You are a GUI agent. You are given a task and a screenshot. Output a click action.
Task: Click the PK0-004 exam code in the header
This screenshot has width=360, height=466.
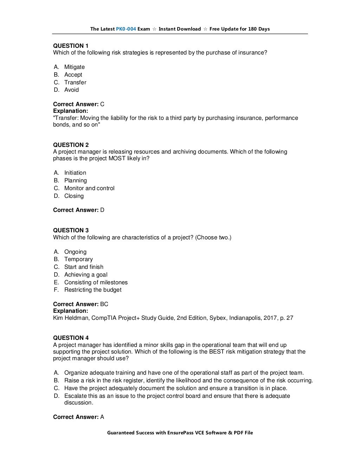coord(126,29)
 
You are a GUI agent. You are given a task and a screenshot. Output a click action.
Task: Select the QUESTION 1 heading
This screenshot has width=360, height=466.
coord(71,46)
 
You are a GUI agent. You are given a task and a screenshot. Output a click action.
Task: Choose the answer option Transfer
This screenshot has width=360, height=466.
coord(75,82)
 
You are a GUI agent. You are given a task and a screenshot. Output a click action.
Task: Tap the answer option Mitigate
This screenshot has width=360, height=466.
coord(74,67)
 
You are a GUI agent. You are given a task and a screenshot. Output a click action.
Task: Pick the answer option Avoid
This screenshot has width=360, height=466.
coord(71,90)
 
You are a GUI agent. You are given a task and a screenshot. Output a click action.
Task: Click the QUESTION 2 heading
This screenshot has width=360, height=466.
coord(71,145)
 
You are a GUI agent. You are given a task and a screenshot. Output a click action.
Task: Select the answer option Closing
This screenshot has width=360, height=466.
coord(74,196)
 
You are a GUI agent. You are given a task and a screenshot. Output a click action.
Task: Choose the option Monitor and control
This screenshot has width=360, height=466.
coord(89,188)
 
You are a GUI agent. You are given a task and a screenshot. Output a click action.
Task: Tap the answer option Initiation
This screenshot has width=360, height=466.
coord(75,173)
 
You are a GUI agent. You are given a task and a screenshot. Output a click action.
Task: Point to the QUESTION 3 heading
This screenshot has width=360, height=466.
coord(71,230)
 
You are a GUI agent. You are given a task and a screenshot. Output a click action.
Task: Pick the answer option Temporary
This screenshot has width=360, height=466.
coord(78,259)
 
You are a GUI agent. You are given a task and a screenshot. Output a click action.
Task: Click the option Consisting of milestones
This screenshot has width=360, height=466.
coord(96,282)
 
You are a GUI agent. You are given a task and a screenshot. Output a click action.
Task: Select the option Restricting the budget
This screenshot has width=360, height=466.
coord(92,290)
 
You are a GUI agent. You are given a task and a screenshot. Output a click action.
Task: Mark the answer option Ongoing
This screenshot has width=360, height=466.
coord(75,252)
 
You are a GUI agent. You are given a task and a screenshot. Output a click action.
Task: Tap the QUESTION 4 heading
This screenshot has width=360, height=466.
coord(71,338)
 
